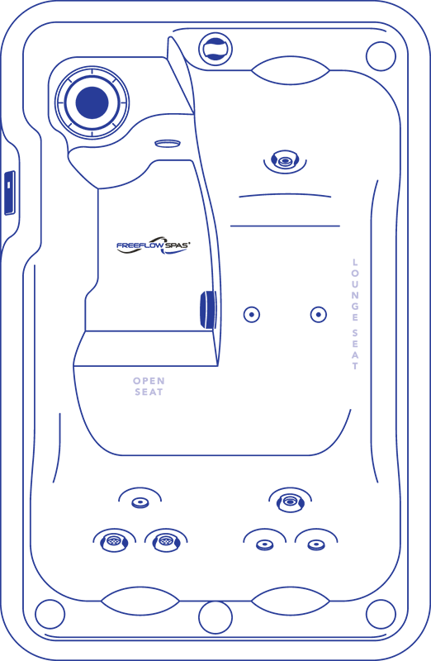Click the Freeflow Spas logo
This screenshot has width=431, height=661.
point(154,245)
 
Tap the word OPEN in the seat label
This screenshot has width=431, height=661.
point(149,381)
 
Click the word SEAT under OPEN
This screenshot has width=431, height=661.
point(149,392)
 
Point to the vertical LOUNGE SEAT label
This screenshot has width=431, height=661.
point(355,314)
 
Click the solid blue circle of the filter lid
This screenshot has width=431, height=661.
point(92,102)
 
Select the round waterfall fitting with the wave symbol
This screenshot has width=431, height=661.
point(215,49)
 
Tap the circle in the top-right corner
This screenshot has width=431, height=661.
point(381,56)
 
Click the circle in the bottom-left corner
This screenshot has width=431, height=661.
point(50,614)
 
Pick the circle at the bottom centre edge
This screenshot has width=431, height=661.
point(215,617)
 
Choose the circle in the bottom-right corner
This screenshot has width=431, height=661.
point(381,614)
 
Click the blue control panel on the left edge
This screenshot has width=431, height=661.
point(10,193)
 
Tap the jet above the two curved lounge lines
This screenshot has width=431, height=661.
point(285,160)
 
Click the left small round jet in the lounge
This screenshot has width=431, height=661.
point(252,315)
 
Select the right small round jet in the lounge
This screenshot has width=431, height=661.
point(319,315)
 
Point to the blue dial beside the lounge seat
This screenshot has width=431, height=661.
point(208,309)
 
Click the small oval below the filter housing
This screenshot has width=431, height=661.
point(168,143)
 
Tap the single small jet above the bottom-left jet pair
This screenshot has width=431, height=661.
point(140,502)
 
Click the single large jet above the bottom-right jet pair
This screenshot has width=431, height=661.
point(291,502)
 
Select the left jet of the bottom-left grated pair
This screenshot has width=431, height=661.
point(114,541)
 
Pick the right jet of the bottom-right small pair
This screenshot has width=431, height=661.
point(316,545)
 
